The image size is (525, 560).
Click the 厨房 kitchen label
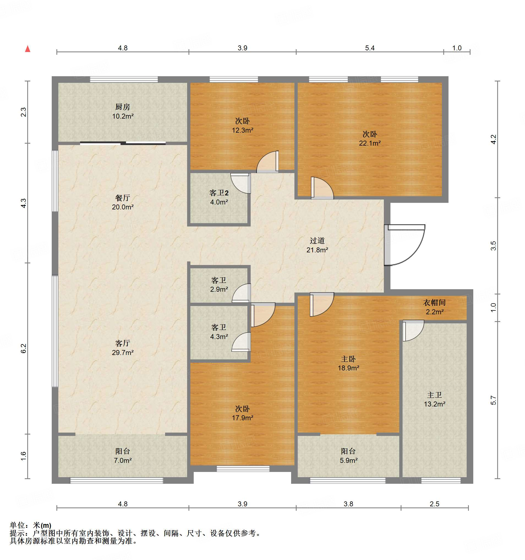pyautogui.click(x=122, y=107)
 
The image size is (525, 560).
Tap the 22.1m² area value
pyautogui.click(x=370, y=143)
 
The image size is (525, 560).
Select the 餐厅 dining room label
pyautogui.click(x=122, y=198)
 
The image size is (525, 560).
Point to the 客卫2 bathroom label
pyautogui.click(x=219, y=193)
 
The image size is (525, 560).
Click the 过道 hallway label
pyautogui.click(x=317, y=241)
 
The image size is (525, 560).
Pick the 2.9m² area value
pyautogui.click(x=219, y=289)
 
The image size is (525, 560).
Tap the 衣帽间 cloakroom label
pyautogui.click(x=434, y=302)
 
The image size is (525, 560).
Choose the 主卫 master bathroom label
pyautogui.click(x=434, y=395)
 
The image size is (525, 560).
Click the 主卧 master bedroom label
pyautogui.click(x=348, y=359)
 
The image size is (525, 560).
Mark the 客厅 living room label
pyautogui.click(x=122, y=343)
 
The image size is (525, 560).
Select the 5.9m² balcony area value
pyautogui.click(x=348, y=460)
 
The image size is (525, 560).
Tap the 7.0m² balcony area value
pyautogui.click(x=122, y=460)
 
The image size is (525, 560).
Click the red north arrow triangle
pyautogui.click(x=28, y=49)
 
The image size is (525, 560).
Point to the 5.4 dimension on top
pyautogui.click(x=370, y=48)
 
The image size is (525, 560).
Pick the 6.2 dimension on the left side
pyautogui.click(x=24, y=348)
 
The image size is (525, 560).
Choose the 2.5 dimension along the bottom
pyautogui.click(x=434, y=504)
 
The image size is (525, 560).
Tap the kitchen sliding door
pyautogui.click(x=123, y=143)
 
